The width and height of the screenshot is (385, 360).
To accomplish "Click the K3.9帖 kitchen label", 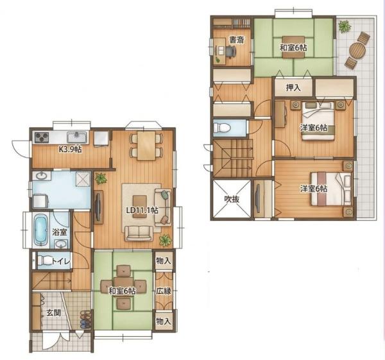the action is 70,149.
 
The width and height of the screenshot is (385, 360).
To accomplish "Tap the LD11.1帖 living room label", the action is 142,210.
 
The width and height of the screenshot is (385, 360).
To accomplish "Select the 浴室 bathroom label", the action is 60,232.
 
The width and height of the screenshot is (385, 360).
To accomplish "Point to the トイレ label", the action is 61,261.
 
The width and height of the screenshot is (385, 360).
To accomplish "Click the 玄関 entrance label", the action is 54,313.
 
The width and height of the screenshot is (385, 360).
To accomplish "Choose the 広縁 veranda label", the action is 164,291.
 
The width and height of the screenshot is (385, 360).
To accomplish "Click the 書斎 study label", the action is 236,40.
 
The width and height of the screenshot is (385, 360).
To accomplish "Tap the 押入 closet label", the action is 293,88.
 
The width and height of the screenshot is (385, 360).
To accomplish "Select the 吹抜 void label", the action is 232,199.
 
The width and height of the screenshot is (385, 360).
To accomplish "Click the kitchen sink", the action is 77,137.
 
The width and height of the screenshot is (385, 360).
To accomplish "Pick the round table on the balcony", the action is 357,51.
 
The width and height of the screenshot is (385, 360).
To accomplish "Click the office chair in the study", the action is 231,51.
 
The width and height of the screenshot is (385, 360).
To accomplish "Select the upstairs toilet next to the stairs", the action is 222,128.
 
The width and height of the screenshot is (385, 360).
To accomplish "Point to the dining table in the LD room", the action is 146,146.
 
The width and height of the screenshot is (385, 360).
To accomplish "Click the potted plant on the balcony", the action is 344,26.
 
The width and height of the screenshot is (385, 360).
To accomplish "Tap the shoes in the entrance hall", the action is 85,320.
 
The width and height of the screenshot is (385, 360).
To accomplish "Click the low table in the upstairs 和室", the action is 293,47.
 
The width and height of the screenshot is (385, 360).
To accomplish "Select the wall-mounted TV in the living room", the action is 98,207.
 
